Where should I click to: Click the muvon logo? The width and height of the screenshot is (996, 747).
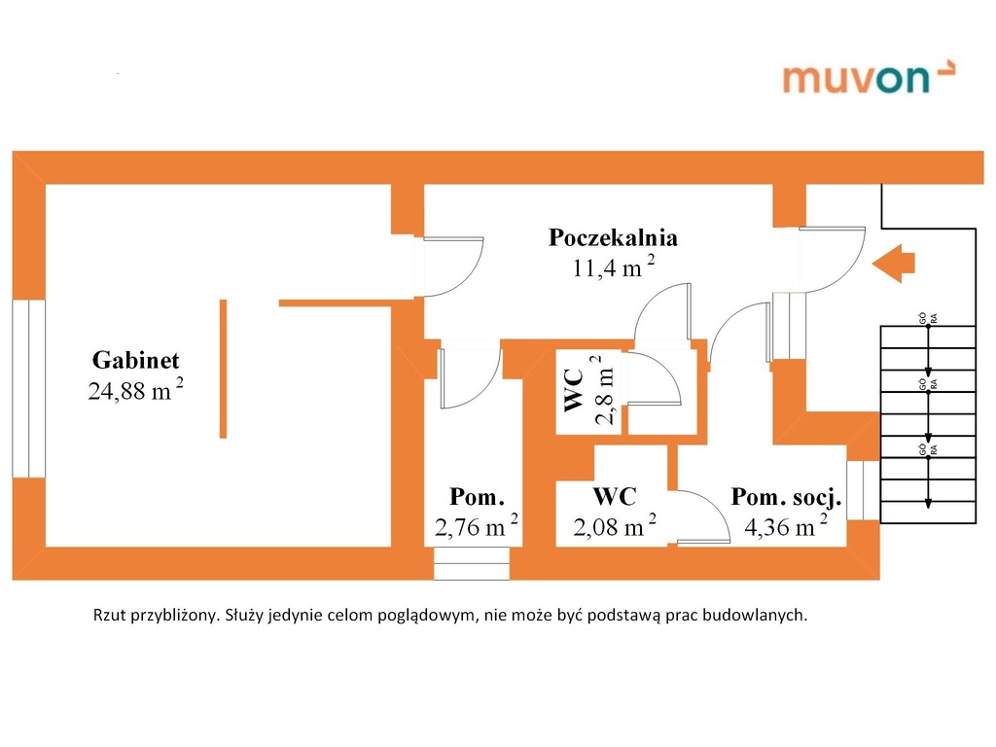[x=869, y=77]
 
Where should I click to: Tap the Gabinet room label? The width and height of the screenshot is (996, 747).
[x=135, y=360]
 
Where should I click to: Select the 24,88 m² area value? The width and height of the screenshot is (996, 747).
[x=135, y=389]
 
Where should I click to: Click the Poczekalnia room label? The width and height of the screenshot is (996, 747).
[x=613, y=237]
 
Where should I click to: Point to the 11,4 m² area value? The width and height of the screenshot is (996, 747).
[x=613, y=267]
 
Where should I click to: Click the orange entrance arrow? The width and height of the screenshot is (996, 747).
[x=893, y=263]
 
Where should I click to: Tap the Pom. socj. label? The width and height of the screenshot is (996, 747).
[x=786, y=497]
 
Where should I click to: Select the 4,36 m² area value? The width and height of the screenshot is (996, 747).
[x=786, y=526]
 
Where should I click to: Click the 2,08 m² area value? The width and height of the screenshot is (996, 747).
[x=615, y=526]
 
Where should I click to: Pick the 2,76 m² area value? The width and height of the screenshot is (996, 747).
[x=476, y=526]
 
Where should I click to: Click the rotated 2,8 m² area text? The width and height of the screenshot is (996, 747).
[x=603, y=389]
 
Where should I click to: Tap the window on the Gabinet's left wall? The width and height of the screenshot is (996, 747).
[x=28, y=389]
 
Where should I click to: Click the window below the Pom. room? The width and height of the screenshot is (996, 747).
[x=472, y=563]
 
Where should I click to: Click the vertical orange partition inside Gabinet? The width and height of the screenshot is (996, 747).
[x=223, y=369]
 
